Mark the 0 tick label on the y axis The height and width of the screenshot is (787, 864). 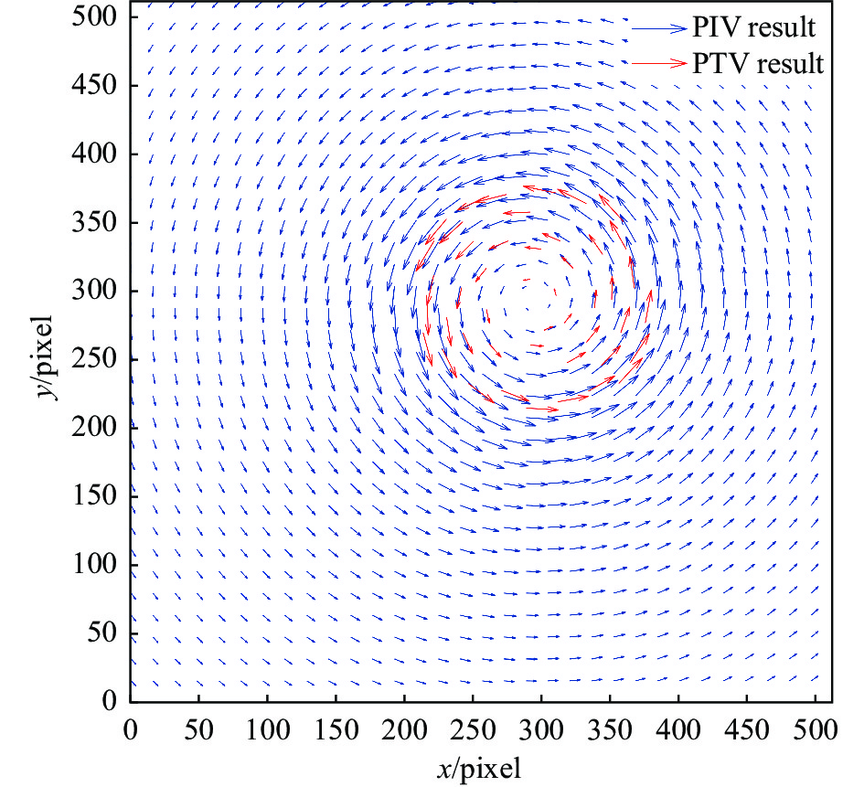click(109, 701)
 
